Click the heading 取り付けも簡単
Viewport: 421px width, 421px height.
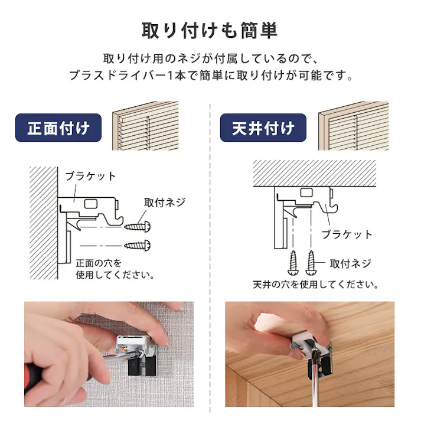click(210, 30)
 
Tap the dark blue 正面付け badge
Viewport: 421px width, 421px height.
click(58, 128)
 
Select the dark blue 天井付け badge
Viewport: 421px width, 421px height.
click(263, 128)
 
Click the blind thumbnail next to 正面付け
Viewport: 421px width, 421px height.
click(145, 126)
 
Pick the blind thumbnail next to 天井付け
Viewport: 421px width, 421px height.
click(353, 126)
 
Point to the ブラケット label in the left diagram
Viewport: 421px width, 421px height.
click(90, 176)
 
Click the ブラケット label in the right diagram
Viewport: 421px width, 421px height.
click(347, 234)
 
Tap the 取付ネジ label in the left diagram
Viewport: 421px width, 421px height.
click(164, 202)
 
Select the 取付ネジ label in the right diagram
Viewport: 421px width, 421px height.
click(350, 264)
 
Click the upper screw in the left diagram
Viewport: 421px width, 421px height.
click(138, 226)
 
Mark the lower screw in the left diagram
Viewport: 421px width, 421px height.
click(138, 244)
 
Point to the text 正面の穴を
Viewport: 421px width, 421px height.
click(99, 263)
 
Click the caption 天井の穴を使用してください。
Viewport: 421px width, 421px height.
click(315, 285)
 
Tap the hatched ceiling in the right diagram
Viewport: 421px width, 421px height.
click(315, 172)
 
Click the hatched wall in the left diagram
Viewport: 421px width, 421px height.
click(43, 224)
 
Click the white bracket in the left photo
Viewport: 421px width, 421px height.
click(133, 343)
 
